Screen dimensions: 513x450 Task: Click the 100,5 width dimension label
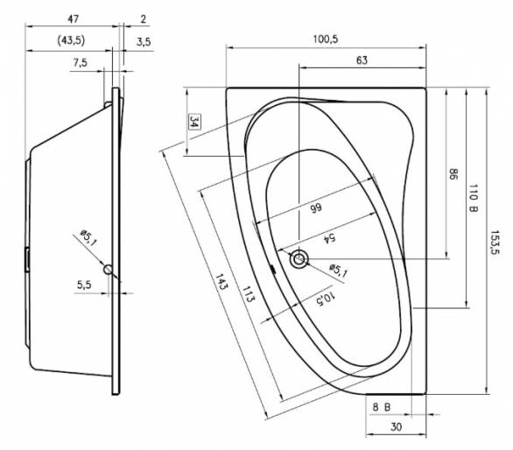[326, 39]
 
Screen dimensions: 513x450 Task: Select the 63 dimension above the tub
[362, 60]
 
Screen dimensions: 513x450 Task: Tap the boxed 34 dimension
[194, 122]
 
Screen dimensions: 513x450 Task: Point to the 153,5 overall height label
[495, 243]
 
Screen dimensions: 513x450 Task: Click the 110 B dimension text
[473, 198]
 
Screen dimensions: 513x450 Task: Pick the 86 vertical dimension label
[453, 173]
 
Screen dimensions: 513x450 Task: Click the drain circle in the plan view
[299, 259]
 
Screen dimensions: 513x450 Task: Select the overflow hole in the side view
[108, 270]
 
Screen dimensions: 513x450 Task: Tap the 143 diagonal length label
[221, 282]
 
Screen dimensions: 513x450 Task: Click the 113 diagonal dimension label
[248, 294]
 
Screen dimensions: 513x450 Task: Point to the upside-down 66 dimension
[316, 208]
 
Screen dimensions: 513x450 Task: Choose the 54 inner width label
[329, 238]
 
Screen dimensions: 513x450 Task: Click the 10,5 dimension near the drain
[326, 298]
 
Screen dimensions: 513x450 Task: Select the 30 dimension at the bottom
[396, 426]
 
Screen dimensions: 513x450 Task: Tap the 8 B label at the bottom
[382, 407]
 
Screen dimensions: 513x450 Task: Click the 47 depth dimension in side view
[73, 19]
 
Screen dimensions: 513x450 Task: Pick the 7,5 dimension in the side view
[81, 62]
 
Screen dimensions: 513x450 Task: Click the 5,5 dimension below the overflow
[84, 285]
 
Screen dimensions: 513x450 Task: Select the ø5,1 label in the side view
[88, 238]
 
